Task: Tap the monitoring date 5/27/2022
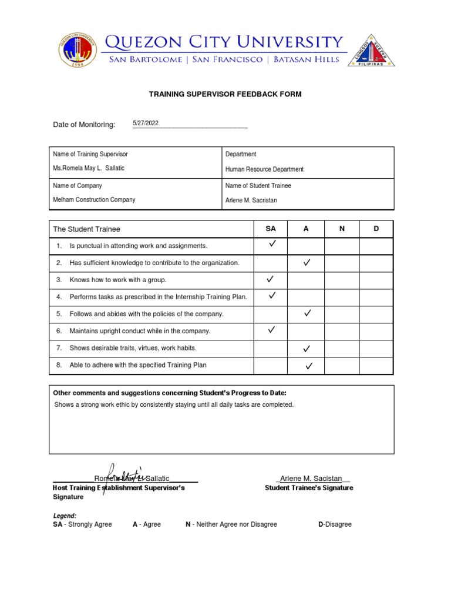pyautogui.click(x=146, y=123)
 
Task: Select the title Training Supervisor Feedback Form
pyautogui.click(x=225, y=94)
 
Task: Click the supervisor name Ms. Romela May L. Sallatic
pyautogui.click(x=89, y=168)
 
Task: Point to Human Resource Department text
pyautogui.click(x=264, y=169)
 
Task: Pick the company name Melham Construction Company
pyautogui.click(x=94, y=200)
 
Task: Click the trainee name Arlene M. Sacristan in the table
pyautogui.click(x=251, y=200)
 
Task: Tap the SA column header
pyautogui.click(x=271, y=229)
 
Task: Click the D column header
pyautogui.click(x=376, y=229)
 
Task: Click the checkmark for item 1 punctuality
pyautogui.click(x=272, y=243)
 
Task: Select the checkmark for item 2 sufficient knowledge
pyautogui.click(x=307, y=263)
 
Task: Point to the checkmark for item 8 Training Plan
pyautogui.click(x=308, y=366)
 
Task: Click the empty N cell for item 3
pyautogui.click(x=341, y=280)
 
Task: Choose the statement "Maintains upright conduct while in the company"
pyautogui.click(x=140, y=331)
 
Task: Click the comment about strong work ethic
pyautogui.click(x=174, y=404)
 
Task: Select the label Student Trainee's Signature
pyautogui.click(x=309, y=488)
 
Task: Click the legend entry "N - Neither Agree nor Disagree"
pyautogui.click(x=231, y=524)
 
